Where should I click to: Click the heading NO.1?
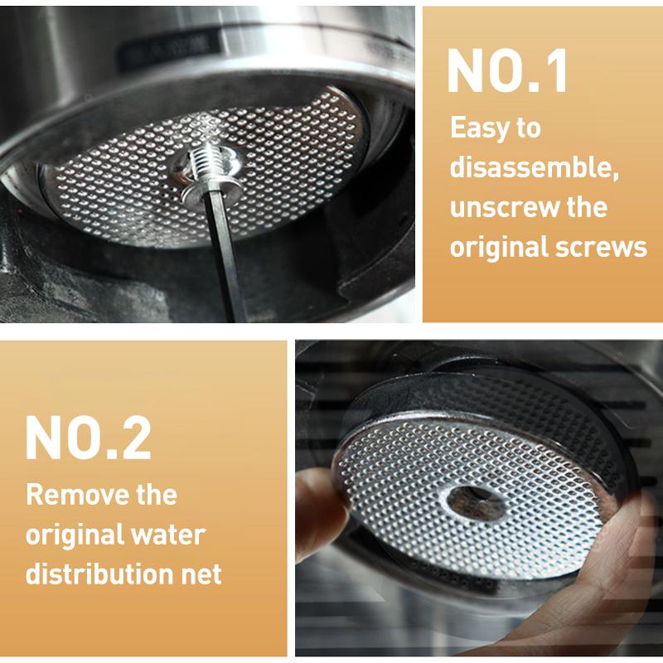[507, 70]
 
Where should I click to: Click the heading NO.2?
[89, 438]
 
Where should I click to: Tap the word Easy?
[479, 128]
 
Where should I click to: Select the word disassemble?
[534, 168]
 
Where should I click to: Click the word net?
[201, 575]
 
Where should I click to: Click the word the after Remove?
[157, 495]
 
